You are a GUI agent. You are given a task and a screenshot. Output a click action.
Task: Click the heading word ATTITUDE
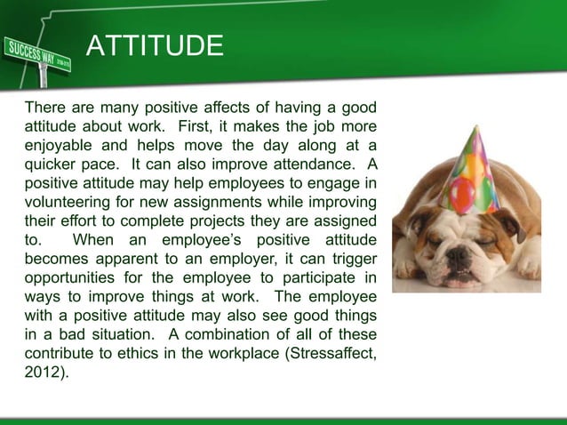[154, 45]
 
